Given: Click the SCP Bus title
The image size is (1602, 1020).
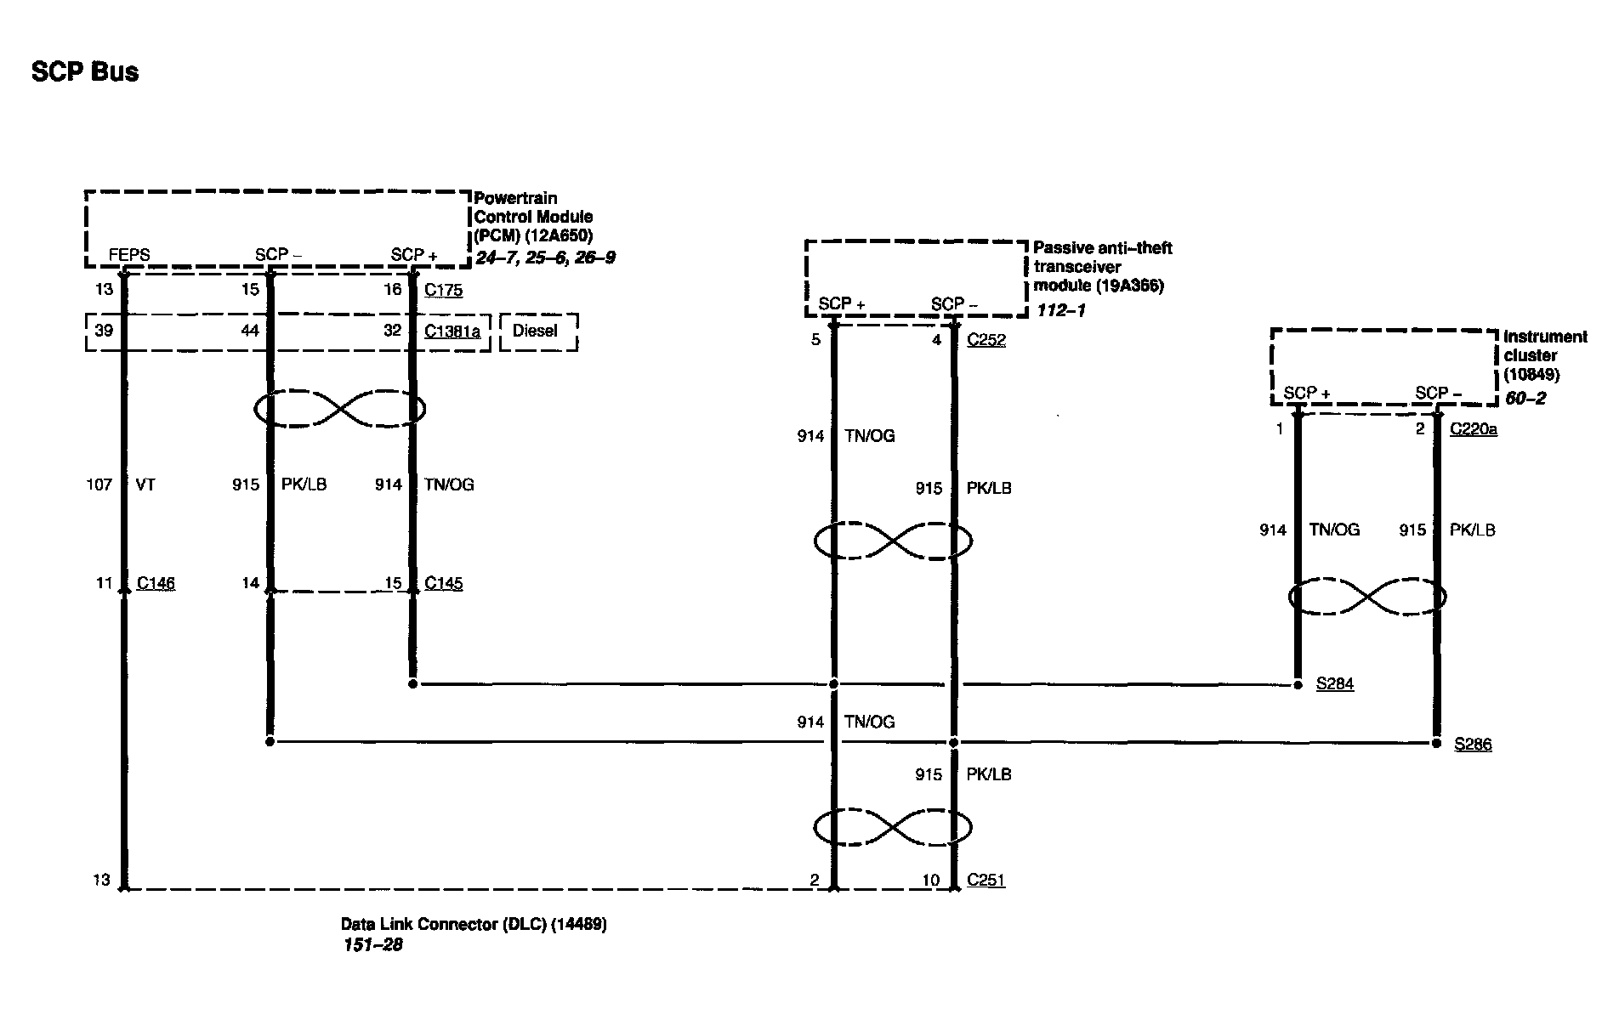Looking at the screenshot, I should [x=85, y=72].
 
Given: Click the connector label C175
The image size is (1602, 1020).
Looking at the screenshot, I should [x=443, y=290].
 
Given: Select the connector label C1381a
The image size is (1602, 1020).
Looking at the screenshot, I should [x=452, y=331].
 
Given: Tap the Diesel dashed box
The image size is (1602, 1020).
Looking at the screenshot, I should [x=537, y=331].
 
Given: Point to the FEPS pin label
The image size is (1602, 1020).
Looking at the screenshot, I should [x=129, y=255].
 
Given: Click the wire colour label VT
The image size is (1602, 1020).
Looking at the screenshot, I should [x=145, y=484].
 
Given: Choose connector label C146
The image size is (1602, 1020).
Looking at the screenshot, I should [x=156, y=583].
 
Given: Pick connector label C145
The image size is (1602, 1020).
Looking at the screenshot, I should [x=443, y=583].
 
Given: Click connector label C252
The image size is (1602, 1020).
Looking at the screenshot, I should [x=986, y=340].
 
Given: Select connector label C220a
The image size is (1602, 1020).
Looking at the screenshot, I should [x=1473, y=429].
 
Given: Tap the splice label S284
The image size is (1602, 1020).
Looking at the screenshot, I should [x=1334, y=683].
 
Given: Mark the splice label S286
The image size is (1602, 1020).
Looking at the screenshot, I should [x=1472, y=745].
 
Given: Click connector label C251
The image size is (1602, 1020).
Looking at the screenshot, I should [x=986, y=881].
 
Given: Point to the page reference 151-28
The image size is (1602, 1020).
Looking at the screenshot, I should [x=372, y=945].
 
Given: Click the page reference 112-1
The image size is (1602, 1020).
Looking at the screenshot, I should [x=1060, y=310].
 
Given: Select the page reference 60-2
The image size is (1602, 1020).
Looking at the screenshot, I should [x=1525, y=398].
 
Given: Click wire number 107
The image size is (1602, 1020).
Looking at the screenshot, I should [x=99, y=484].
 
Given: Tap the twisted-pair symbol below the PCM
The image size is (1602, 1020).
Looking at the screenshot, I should [x=340, y=410].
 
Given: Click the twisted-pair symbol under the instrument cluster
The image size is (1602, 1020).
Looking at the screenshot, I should [x=1367, y=597].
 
